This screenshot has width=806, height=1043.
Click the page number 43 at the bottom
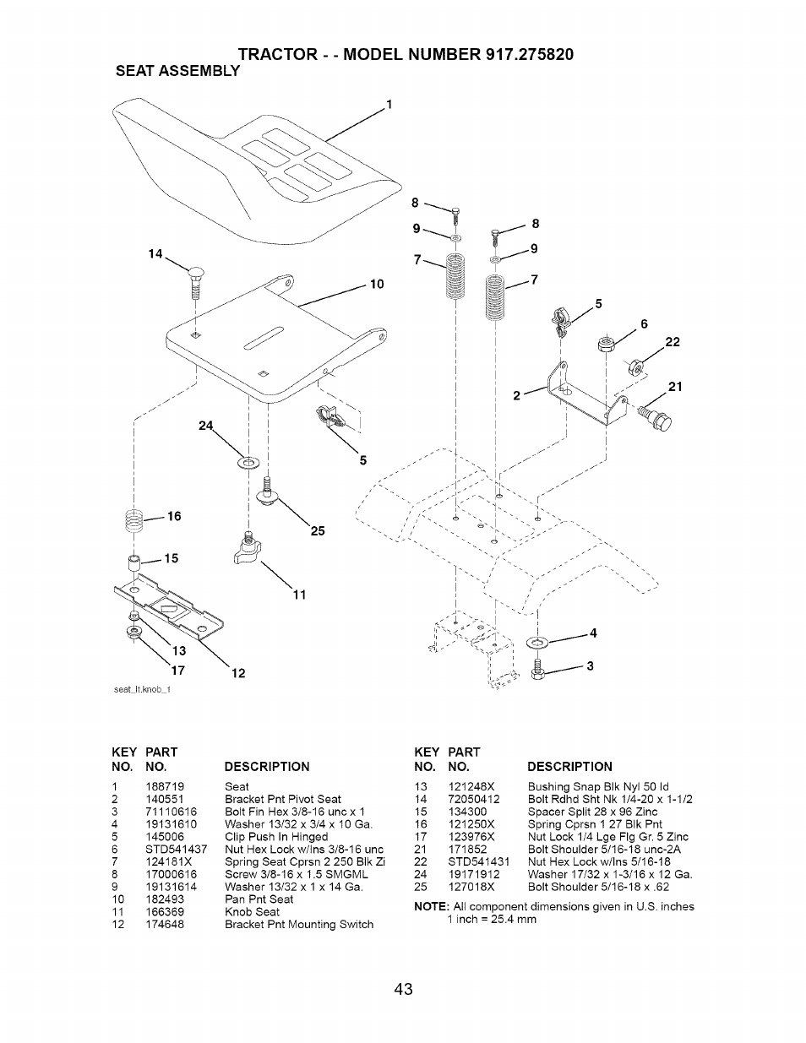[403, 989]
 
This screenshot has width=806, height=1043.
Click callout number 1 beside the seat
[389, 105]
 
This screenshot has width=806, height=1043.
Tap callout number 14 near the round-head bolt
[155, 253]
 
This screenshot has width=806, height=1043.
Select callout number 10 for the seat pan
[377, 284]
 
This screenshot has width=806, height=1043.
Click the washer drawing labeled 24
[249, 462]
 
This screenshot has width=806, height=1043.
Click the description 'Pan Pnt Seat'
[259, 899]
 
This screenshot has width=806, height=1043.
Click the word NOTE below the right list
[432, 906]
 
